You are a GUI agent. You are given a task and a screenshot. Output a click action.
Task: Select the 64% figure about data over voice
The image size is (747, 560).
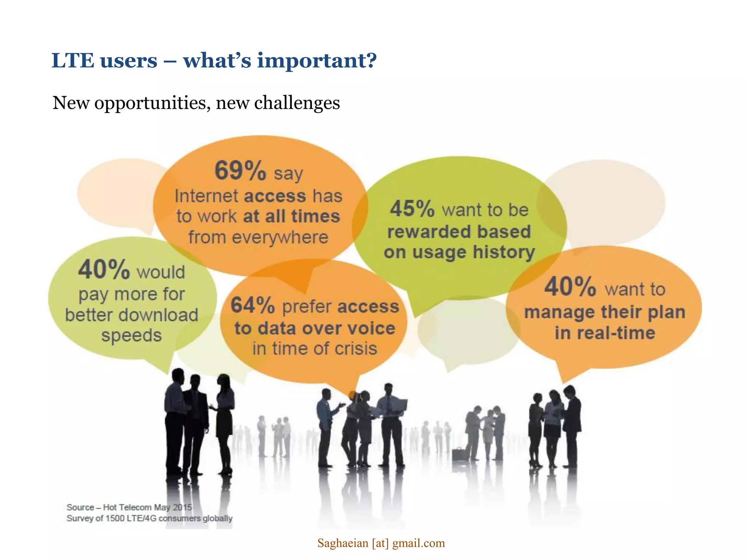[x=253, y=305]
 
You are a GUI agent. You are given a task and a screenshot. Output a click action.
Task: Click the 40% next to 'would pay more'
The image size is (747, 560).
[x=104, y=269]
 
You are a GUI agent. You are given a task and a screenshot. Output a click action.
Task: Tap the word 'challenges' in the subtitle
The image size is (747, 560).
[x=297, y=103]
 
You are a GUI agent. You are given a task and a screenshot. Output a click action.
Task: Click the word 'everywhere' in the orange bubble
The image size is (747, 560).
[x=280, y=237]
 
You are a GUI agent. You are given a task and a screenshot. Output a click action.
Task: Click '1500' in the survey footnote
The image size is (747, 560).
[x=115, y=518]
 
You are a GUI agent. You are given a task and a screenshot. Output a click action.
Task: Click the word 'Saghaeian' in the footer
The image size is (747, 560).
[x=342, y=543]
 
